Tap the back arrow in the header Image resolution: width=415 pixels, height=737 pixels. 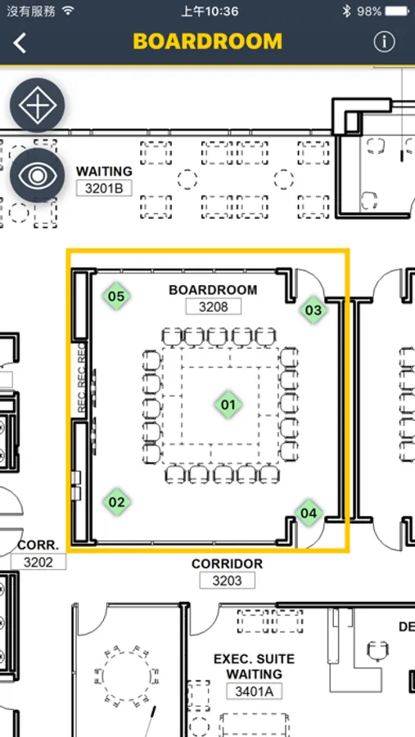(20, 43)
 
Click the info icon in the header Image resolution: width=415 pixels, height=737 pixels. (384, 43)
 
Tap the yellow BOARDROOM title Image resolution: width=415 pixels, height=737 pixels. (208, 42)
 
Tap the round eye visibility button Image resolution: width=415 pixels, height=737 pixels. (38, 175)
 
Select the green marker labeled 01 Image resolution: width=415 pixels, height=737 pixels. (228, 405)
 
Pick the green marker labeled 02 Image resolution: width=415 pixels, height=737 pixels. (116, 502)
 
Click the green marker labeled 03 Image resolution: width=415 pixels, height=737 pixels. (314, 310)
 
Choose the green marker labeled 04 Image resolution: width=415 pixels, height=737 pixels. (309, 513)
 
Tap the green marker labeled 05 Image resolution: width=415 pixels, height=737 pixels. (116, 296)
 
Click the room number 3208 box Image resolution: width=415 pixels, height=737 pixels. (214, 307)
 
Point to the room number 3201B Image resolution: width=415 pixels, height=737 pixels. (104, 188)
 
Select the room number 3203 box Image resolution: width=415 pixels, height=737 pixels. (227, 581)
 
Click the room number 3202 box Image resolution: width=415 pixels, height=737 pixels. (38, 562)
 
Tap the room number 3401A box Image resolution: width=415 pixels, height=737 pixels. (255, 691)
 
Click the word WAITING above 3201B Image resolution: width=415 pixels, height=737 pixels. (104, 171)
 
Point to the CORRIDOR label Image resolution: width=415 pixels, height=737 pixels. (227, 563)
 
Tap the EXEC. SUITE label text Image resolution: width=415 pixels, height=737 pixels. (255, 659)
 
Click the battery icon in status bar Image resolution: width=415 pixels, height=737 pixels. (397, 11)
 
